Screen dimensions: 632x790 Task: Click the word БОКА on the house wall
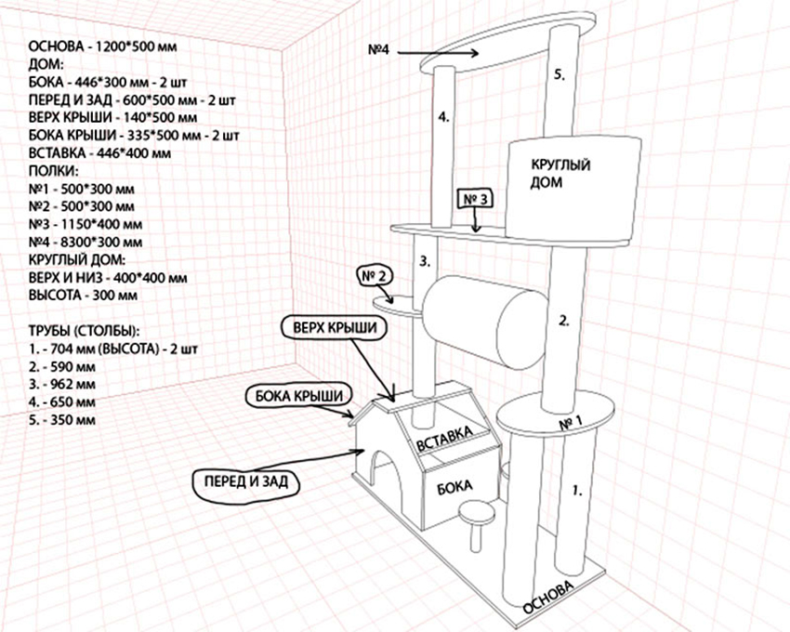[x=453, y=486]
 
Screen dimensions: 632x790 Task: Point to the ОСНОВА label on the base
[x=551, y=595]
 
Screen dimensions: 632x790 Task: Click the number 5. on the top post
[x=559, y=73]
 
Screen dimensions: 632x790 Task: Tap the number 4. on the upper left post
[x=444, y=118]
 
